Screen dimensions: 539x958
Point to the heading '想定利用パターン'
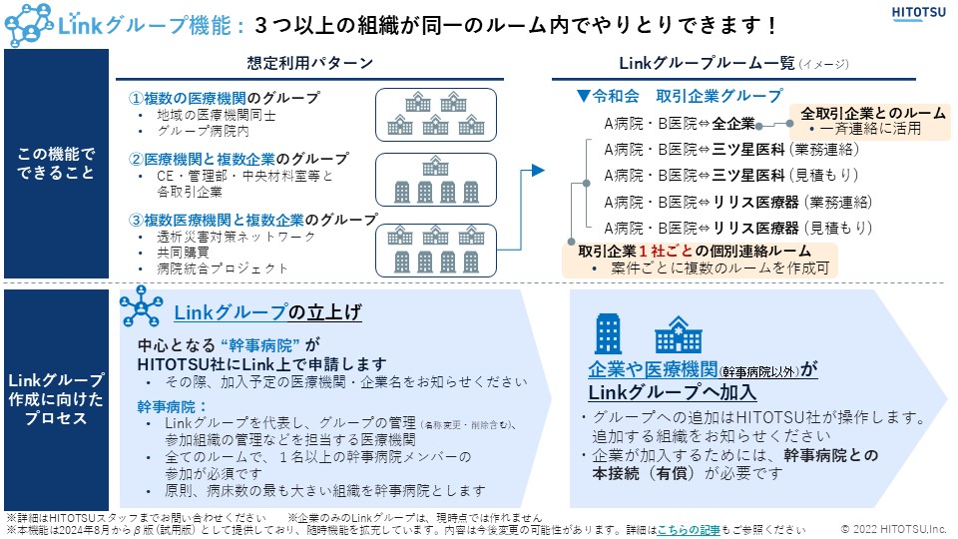coord(310,63)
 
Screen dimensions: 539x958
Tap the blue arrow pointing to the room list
coord(536,171)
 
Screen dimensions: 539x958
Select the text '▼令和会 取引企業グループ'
coord(680,96)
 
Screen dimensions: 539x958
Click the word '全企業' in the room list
coord(732,125)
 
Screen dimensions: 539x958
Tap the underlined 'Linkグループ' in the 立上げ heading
coord(230,312)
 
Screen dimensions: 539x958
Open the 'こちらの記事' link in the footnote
coord(689,530)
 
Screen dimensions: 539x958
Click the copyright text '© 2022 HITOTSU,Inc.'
coord(892,530)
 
